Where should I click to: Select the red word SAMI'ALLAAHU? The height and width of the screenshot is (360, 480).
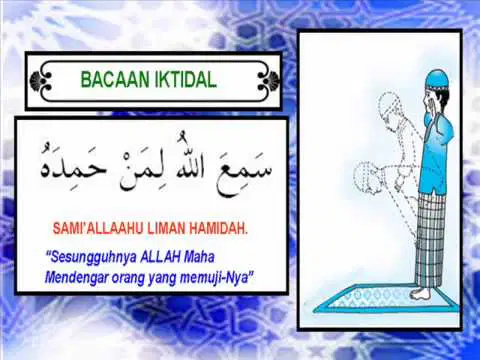[98, 228]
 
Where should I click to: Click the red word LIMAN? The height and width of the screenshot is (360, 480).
[167, 228]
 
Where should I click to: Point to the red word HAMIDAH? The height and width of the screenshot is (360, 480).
[219, 228]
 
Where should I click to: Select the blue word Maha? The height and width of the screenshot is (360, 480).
[199, 257]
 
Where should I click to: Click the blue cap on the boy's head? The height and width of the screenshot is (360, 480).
[437, 79]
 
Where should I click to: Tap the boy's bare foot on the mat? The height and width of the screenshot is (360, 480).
[421, 294]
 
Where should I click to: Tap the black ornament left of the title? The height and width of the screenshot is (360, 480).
[40, 80]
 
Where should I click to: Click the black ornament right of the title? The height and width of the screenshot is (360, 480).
[268, 80]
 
